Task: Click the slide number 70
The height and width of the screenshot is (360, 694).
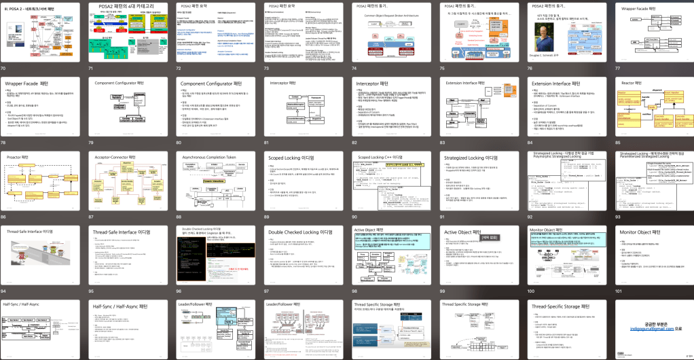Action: pos(4,69)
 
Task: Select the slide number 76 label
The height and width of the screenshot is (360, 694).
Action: pos(530,69)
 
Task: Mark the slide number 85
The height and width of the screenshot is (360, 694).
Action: pos(618,143)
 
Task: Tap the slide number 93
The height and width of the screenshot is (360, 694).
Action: pos(618,217)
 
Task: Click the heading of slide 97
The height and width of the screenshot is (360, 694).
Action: pos(299,232)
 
